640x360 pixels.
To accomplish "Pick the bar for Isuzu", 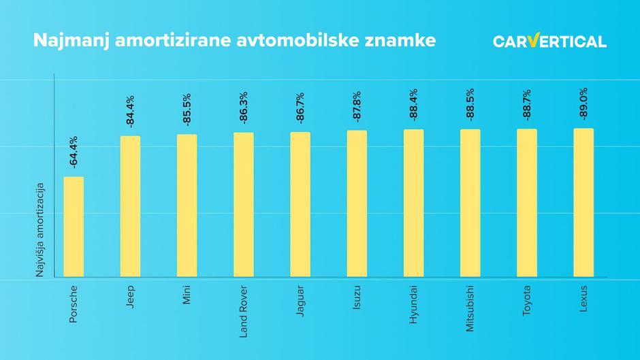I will click(x=357, y=203).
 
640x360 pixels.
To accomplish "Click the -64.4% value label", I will click(x=74, y=152).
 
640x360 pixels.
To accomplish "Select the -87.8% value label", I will click(x=357, y=106).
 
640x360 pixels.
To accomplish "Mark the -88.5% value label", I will click(x=470, y=105).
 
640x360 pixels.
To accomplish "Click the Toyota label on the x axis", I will click(x=527, y=300).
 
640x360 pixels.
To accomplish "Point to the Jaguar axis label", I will click(x=300, y=300).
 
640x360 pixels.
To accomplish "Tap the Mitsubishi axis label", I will click(x=470, y=308).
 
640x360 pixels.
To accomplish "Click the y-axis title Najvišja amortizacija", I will click(x=40, y=229).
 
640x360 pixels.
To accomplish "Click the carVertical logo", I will click(x=549, y=41).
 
